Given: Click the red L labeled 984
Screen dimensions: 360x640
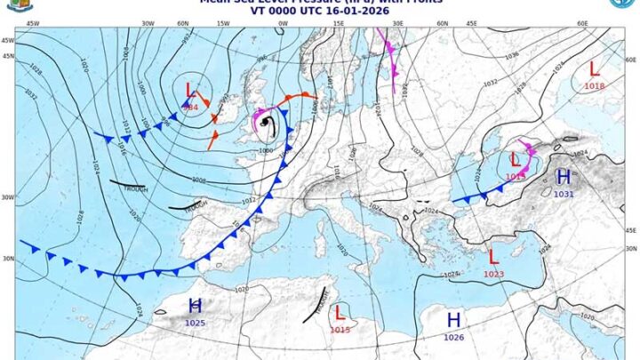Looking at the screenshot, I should pyautogui.click(x=190, y=90).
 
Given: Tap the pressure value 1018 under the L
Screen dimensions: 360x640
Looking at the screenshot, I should pyautogui.click(x=594, y=85).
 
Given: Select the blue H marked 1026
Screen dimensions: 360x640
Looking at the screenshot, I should pyautogui.click(x=453, y=320).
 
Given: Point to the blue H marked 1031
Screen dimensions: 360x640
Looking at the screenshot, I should pyautogui.click(x=563, y=177).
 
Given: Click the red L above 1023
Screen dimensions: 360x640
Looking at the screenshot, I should pyautogui.click(x=492, y=257).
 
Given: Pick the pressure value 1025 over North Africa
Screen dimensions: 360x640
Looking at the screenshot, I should pyautogui.click(x=196, y=322).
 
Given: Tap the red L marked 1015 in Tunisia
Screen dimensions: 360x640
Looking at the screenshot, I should pyautogui.click(x=339, y=313).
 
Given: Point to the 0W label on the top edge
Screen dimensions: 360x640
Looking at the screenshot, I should pyautogui.click(x=283, y=24).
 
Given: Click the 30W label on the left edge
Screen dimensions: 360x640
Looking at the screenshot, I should pyautogui.click(x=7, y=197).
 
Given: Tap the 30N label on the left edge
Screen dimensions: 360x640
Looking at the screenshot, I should pyautogui.click(x=7, y=259).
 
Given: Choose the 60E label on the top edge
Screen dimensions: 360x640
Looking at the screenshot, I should pyautogui.click(x=582, y=24).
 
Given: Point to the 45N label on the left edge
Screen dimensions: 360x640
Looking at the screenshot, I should pyautogui.click(x=7, y=55).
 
